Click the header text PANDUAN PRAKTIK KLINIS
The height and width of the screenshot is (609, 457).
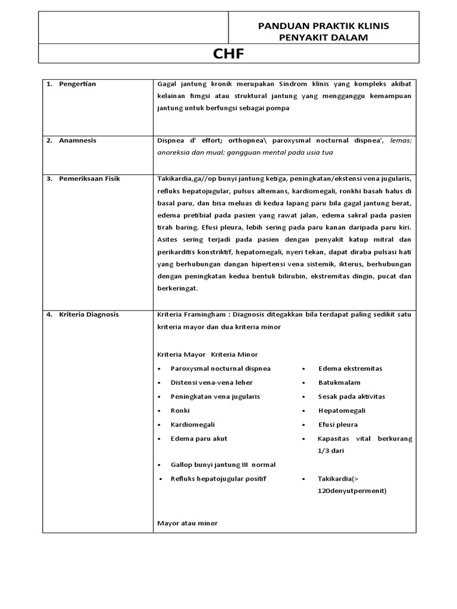(323, 26)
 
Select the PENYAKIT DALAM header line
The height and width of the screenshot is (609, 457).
(323, 38)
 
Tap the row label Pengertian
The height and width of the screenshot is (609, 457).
(77, 84)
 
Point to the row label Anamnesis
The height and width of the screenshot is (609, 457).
(77, 140)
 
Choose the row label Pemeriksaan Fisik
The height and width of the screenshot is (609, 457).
(89, 178)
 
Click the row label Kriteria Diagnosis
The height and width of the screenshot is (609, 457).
(89, 315)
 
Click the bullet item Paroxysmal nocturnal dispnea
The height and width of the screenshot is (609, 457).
(220, 368)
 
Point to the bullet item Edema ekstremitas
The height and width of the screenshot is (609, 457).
(350, 368)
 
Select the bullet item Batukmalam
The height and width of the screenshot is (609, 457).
(339, 382)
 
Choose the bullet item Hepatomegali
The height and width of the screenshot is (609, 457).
(342, 410)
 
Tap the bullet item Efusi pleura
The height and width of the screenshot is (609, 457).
(338, 425)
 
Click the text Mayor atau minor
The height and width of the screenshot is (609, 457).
(187, 523)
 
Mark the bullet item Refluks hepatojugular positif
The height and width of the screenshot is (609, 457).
(218, 478)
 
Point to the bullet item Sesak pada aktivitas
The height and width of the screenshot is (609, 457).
(351, 396)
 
